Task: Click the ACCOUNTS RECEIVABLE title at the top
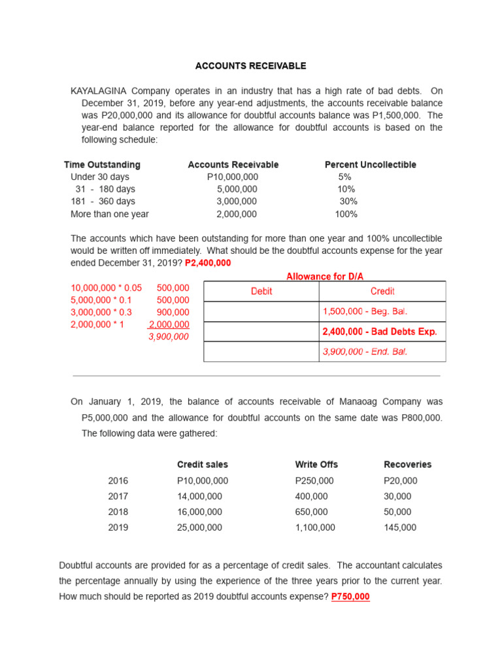pyautogui.click(x=251, y=66)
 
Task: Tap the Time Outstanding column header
pyautogui.click(x=102, y=165)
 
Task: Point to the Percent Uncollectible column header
pyautogui.click(x=370, y=165)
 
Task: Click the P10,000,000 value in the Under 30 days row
pyautogui.click(x=233, y=177)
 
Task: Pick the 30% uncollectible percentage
pyautogui.click(x=348, y=202)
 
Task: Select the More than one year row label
pyautogui.click(x=110, y=214)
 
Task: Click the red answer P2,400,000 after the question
pyautogui.click(x=208, y=262)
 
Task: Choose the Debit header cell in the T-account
pyautogui.click(x=261, y=291)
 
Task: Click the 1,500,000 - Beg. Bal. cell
pyautogui.click(x=365, y=311)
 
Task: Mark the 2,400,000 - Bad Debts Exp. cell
pyautogui.click(x=379, y=332)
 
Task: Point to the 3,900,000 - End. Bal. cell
pyautogui.click(x=365, y=352)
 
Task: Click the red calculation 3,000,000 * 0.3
pyautogui.click(x=101, y=312)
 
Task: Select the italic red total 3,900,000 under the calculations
pyautogui.click(x=169, y=337)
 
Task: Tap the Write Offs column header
pyautogui.click(x=316, y=465)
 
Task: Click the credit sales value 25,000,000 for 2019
pyautogui.click(x=199, y=527)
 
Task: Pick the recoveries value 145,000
pyautogui.click(x=399, y=527)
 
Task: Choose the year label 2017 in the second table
pyautogui.click(x=118, y=496)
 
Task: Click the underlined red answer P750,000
pyautogui.click(x=350, y=597)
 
